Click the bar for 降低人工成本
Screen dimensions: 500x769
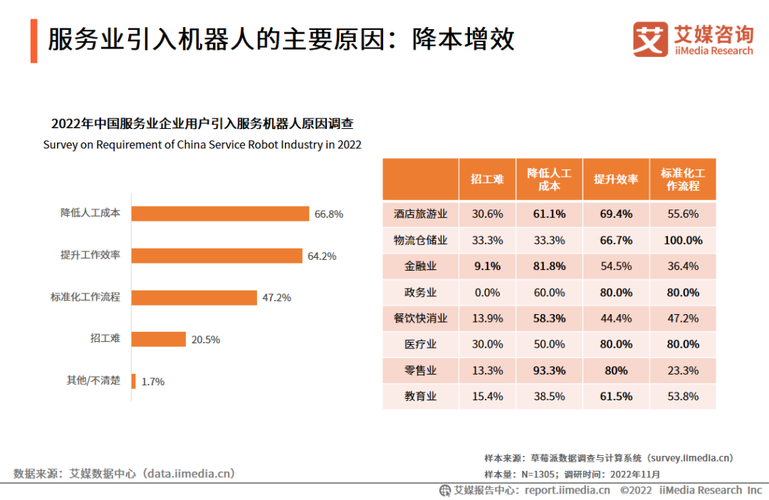pos(220,214)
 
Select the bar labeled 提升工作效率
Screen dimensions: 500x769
pos(216,256)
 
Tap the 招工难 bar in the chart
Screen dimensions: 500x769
pos(158,339)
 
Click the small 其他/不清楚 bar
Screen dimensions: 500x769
pos(133,381)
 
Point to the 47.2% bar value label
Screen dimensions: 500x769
pos(276,298)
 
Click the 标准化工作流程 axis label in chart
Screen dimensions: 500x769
pos(85,297)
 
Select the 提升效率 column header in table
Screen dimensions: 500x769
pos(616,179)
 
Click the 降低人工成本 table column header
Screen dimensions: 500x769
pos(549,179)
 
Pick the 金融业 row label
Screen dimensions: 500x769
pos(420,266)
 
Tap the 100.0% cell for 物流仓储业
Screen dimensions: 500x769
pos(683,241)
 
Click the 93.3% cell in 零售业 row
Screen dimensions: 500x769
pos(549,370)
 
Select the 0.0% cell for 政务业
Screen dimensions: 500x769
pos(487,293)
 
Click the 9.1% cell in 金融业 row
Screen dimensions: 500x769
pos(487,266)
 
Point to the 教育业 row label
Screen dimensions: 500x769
pos(420,397)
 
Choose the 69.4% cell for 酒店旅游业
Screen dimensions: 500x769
pos(616,214)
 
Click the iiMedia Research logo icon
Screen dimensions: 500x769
pos(650,39)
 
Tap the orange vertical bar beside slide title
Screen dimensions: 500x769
pos(33,41)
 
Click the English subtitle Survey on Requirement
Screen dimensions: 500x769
pos(202,145)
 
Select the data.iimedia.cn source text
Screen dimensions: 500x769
pos(124,473)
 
